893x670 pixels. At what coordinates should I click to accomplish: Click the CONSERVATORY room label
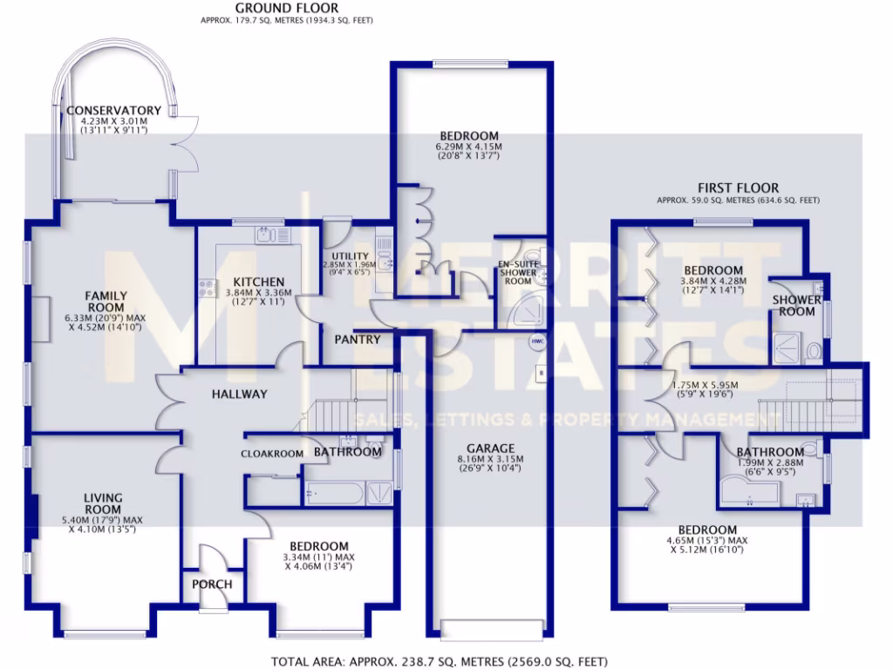(x=112, y=111)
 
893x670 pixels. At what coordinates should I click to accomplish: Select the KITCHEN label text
(x=258, y=282)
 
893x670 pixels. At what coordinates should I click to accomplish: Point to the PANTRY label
(x=358, y=339)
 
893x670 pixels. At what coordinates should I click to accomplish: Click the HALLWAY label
(x=239, y=394)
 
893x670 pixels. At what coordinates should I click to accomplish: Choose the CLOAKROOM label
(x=272, y=454)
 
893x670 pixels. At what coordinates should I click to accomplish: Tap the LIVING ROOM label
(x=102, y=503)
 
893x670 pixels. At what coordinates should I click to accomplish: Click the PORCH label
(x=212, y=584)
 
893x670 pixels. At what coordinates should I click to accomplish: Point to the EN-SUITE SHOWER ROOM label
(x=515, y=272)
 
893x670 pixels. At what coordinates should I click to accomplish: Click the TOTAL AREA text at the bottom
(x=440, y=661)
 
